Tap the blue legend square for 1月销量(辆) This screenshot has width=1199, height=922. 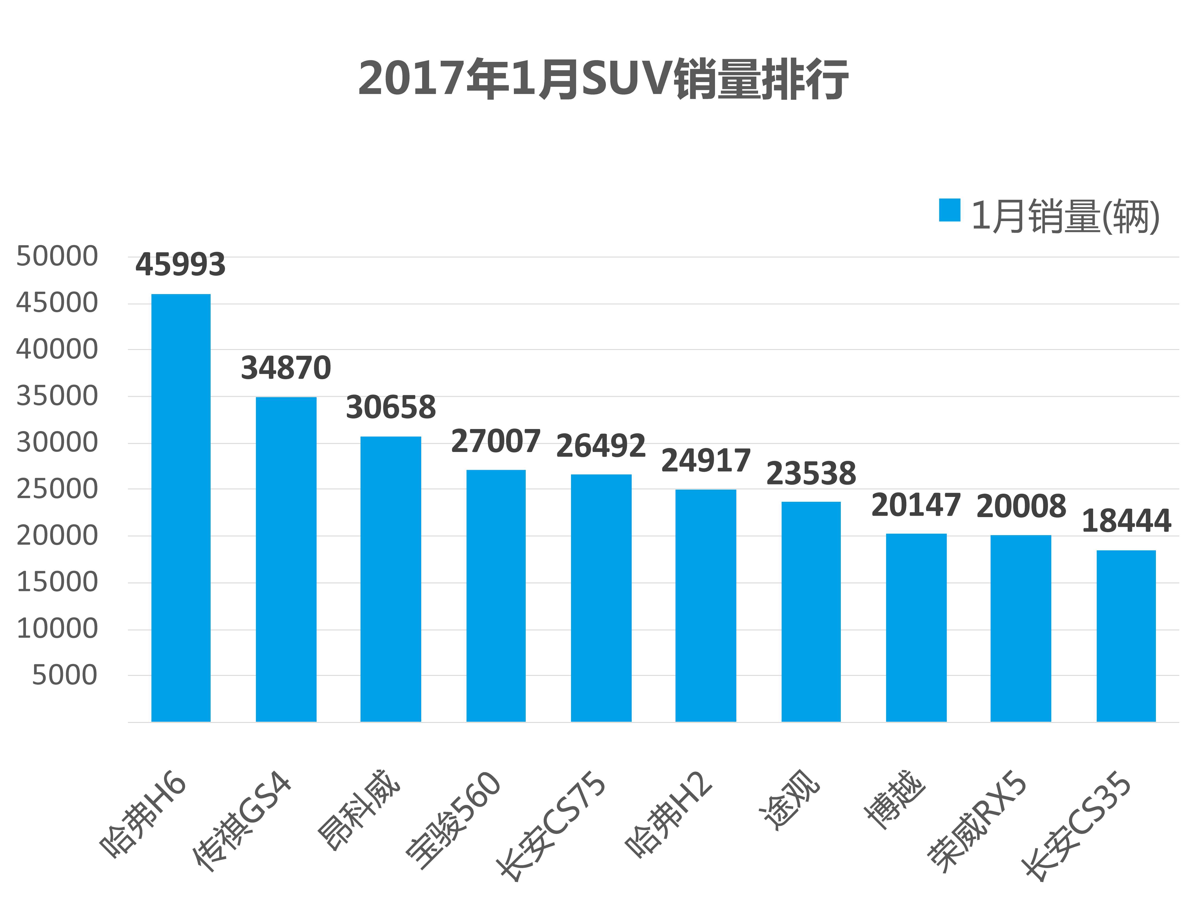click(949, 210)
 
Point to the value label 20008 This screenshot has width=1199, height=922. click(1021, 506)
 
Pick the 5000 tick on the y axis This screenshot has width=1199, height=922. click(65, 675)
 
